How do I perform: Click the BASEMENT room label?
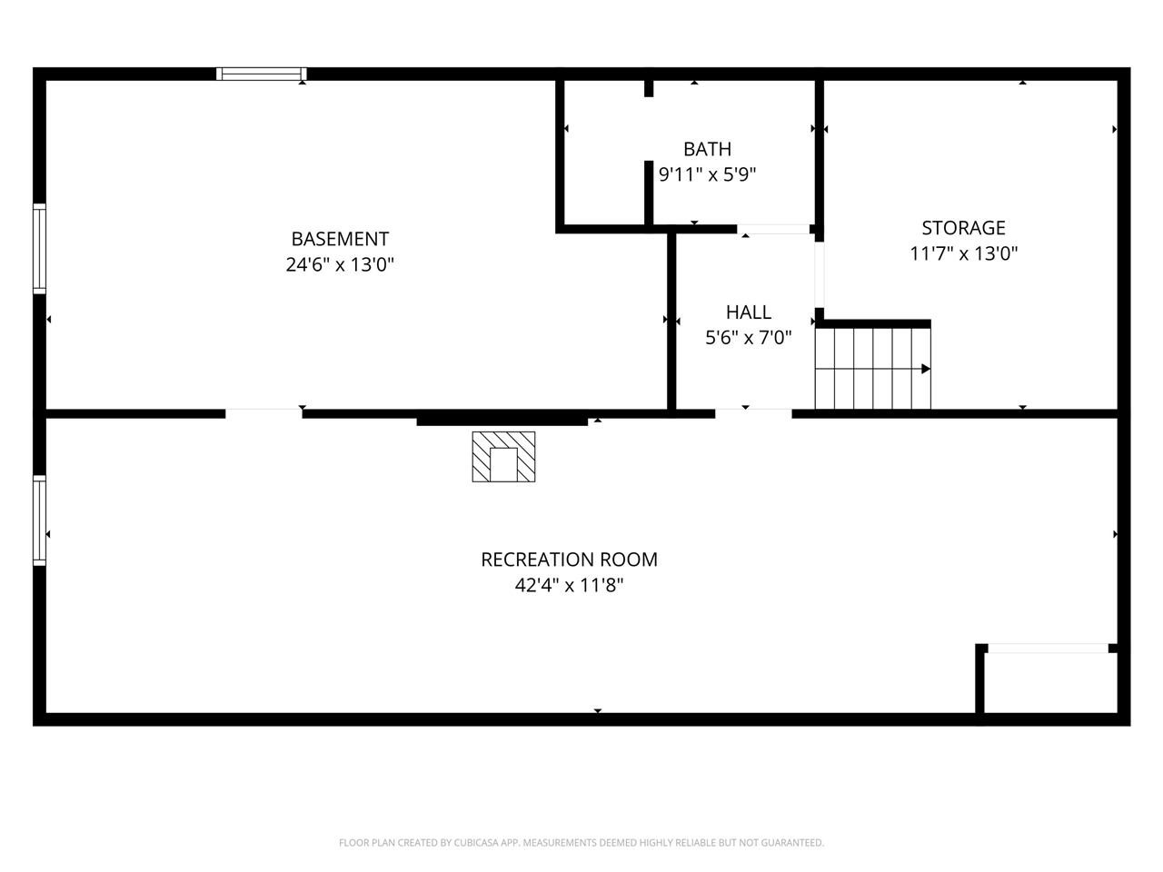pyautogui.click(x=340, y=239)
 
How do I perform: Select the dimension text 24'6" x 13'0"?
pyautogui.click(x=340, y=265)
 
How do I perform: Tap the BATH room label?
pyautogui.click(x=707, y=149)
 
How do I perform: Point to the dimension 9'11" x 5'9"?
pyautogui.click(x=707, y=174)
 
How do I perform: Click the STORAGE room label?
pyautogui.click(x=963, y=228)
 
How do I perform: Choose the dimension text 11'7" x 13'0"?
pyautogui.click(x=963, y=253)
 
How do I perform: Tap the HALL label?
pyautogui.click(x=749, y=312)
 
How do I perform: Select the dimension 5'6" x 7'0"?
pyautogui.click(x=749, y=338)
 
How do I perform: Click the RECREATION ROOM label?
pyautogui.click(x=569, y=560)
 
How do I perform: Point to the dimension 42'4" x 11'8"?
pyautogui.click(x=569, y=586)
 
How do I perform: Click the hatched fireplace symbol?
pyautogui.click(x=503, y=456)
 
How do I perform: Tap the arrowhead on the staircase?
pyautogui.click(x=925, y=369)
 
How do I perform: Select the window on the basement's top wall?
pyautogui.click(x=262, y=74)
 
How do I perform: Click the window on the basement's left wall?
pyautogui.click(x=39, y=248)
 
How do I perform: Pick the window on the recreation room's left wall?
pyautogui.click(x=39, y=520)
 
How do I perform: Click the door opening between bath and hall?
pyautogui.click(x=773, y=229)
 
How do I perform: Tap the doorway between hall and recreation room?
pyautogui.click(x=753, y=414)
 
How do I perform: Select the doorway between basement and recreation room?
pyautogui.click(x=263, y=414)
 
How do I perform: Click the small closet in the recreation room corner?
pyautogui.click(x=1050, y=682)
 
